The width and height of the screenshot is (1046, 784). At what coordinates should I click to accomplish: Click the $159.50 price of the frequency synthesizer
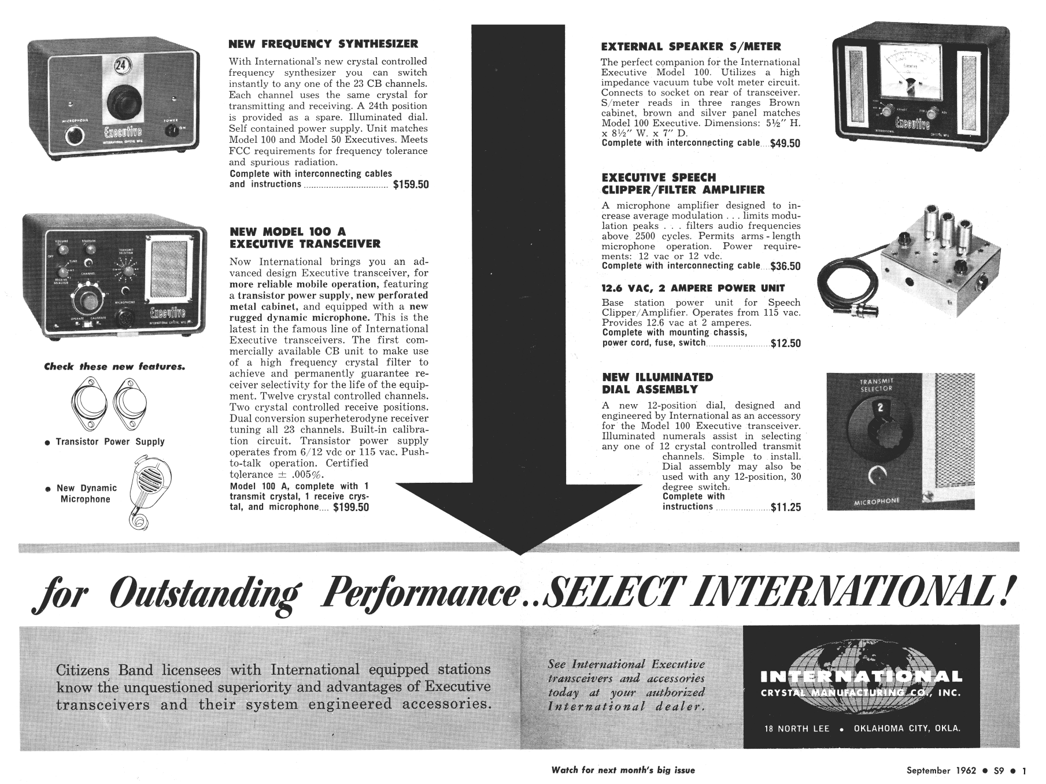tap(411, 185)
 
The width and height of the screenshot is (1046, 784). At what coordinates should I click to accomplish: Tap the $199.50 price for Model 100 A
tap(351, 508)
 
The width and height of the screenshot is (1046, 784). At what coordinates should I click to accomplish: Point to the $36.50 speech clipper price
tap(785, 267)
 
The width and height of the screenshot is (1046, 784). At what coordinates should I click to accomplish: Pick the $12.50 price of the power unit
tap(786, 343)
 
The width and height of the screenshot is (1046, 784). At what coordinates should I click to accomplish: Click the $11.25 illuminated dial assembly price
tap(786, 508)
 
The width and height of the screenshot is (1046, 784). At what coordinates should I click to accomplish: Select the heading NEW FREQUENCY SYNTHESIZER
tap(323, 44)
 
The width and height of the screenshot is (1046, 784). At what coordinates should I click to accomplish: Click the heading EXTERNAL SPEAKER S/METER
tap(691, 47)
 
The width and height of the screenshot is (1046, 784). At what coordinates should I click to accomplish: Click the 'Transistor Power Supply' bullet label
tap(110, 442)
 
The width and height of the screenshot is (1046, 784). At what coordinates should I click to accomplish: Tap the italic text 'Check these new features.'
tap(114, 367)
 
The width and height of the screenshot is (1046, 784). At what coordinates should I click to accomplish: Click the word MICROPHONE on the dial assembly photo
tap(877, 501)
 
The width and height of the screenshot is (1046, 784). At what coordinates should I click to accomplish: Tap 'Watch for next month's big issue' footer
tap(623, 770)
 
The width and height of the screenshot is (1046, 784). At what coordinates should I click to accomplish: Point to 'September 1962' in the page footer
tap(941, 770)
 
